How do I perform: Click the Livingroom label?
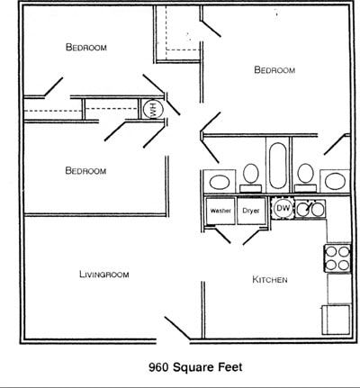pos(104,275)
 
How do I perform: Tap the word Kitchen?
pos(270,280)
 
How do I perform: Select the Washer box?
pos(220,211)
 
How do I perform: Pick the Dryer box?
pos(251,211)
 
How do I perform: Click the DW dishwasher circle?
pos(283,208)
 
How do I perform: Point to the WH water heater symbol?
pos(153,109)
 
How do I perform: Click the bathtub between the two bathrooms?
pos(277,166)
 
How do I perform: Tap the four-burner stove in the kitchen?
pos(337,258)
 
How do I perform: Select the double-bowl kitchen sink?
pos(310,209)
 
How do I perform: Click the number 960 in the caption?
pos(159,367)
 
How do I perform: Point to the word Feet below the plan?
pos(230,367)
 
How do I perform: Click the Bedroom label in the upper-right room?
pos(274,70)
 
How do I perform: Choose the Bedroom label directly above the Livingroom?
pos(85,171)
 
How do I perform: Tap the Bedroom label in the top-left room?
pos(86,47)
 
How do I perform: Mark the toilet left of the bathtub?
pos(251,177)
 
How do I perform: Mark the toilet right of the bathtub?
pos(306,177)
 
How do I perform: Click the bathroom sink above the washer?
pos(220,182)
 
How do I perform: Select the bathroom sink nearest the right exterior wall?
pos(335,182)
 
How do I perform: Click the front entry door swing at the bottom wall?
pos(177,329)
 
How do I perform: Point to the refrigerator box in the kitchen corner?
pos(337,320)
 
